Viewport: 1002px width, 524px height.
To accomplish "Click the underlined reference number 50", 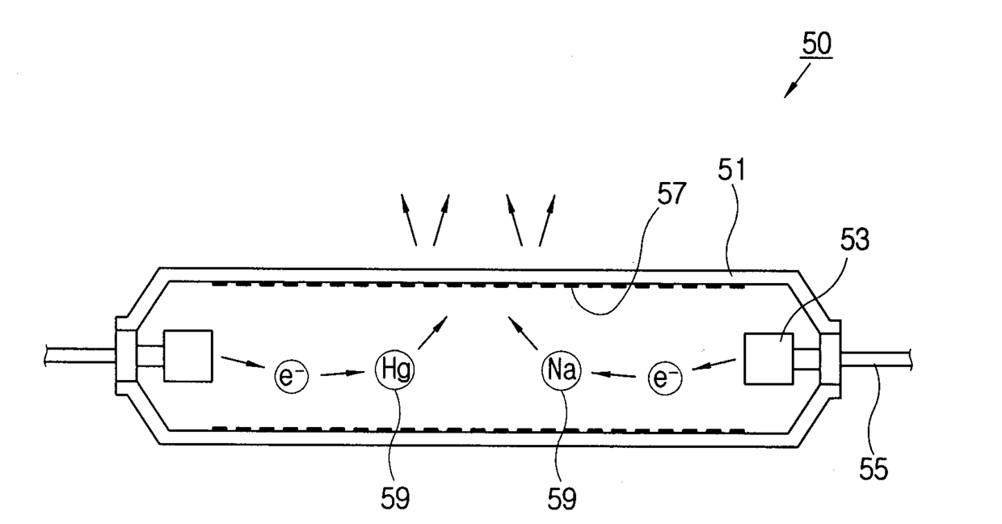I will tap(816, 45).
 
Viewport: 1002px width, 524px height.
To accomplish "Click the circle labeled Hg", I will tap(395, 372).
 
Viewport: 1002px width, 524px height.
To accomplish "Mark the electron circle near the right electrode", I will tap(663, 377).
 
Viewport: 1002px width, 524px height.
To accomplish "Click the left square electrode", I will tap(187, 355).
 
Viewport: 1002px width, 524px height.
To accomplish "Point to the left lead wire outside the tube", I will tap(81, 354).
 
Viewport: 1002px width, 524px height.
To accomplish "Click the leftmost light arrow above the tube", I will tap(408, 220).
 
